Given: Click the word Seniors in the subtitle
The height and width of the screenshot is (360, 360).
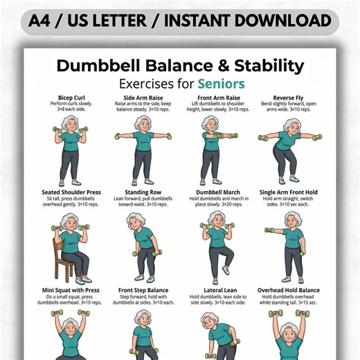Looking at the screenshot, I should coord(221,84).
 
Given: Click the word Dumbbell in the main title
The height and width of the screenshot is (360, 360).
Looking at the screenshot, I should coord(98,66).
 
